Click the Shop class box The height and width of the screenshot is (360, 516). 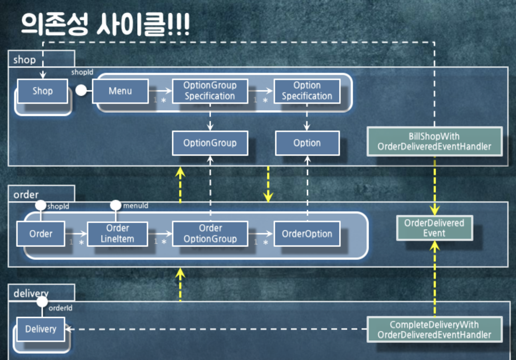42,91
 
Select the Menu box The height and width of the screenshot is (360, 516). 120,91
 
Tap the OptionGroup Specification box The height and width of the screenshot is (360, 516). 210,91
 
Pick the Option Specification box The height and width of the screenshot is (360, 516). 307,91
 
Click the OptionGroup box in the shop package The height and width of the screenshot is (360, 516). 210,143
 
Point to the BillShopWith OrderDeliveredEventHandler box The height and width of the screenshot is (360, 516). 434,142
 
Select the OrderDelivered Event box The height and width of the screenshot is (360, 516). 434,228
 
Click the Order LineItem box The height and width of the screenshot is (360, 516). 117,234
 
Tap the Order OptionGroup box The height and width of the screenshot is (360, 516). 210,234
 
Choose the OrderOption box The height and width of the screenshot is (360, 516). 307,234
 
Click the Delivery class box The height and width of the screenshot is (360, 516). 41,329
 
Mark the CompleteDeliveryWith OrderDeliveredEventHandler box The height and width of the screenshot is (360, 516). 434,330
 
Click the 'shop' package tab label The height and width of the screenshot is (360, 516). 24,60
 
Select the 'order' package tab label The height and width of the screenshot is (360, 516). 26,195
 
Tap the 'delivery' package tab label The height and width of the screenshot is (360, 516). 31,293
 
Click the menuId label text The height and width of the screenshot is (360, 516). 136,206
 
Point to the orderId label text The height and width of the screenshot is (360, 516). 60,308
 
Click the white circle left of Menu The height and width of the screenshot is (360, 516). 81,90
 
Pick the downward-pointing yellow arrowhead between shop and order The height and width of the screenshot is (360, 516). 268,197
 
